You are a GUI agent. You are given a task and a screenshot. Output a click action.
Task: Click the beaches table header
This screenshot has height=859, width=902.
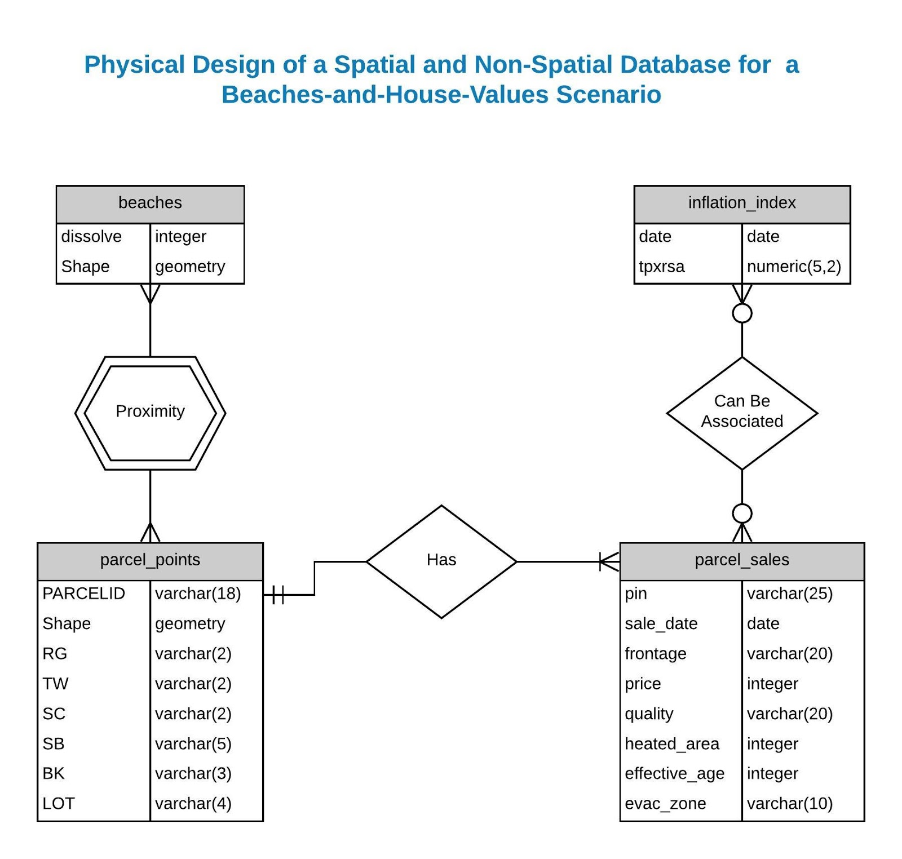pyautogui.click(x=150, y=203)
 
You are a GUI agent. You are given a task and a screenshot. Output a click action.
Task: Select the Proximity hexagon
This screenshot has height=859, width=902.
pyautogui.click(x=150, y=412)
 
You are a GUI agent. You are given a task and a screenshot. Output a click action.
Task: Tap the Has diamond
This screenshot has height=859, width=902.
pyautogui.click(x=441, y=561)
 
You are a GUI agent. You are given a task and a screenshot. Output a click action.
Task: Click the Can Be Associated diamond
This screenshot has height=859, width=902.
pyautogui.click(x=742, y=412)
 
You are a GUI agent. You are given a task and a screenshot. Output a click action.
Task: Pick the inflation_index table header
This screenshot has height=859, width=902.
pyautogui.click(x=742, y=203)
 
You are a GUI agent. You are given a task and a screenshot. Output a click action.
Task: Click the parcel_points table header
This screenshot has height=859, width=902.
pyautogui.click(x=150, y=560)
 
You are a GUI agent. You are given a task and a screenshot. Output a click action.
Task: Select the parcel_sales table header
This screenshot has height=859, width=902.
pyautogui.click(x=742, y=560)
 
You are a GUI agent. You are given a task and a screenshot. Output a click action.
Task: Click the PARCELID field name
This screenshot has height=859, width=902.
pyautogui.click(x=83, y=594)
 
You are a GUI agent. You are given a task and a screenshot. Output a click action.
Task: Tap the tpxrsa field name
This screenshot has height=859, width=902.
pyautogui.click(x=661, y=267)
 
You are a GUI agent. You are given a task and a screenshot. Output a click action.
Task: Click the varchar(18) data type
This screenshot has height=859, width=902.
pyautogui.click(x=198, y=594)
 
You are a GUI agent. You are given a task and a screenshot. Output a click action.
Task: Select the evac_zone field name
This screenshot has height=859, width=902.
pyautogui.click(x=665, y=804)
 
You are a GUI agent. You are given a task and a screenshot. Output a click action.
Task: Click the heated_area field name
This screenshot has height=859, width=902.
pyautogui.click(x=672, y=744)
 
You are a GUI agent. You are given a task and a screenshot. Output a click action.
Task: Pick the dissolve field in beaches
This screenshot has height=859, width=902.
pyautogui.click(x=91, y=237)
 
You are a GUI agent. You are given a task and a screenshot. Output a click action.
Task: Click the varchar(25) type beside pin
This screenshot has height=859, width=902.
pyautogui.click(x=789, y=594)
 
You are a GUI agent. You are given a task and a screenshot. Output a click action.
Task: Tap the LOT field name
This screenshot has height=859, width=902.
pyautogui.click(x=59, y=804)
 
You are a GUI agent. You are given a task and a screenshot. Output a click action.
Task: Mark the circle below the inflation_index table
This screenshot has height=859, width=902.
pyautogui.click(x=742, y=313)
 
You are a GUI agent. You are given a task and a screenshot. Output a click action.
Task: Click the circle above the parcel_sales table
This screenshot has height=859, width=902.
pyautogui.click(x=742, y=513)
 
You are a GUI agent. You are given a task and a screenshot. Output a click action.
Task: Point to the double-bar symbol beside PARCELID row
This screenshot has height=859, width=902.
pyautogui.click(x=277, y=595)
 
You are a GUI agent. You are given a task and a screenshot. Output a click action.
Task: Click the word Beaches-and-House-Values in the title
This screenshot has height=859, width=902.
pyautogui.click(x=385, y=95)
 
